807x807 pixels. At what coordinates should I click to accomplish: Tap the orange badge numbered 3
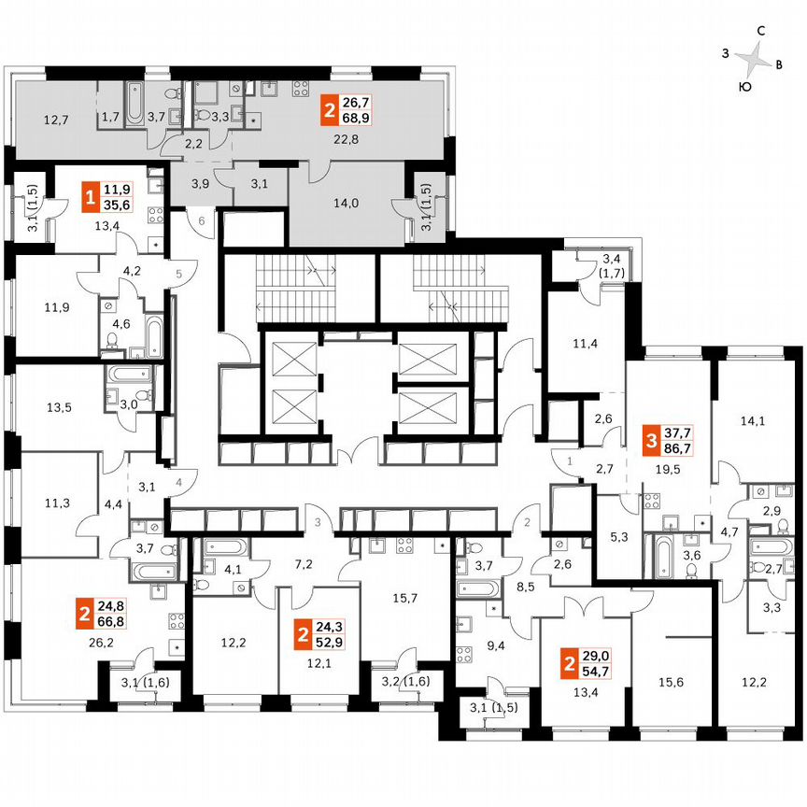(650, 438)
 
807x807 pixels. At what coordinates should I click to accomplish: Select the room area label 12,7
(56, 120)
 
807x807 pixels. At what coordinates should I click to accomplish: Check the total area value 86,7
(679, 447)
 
